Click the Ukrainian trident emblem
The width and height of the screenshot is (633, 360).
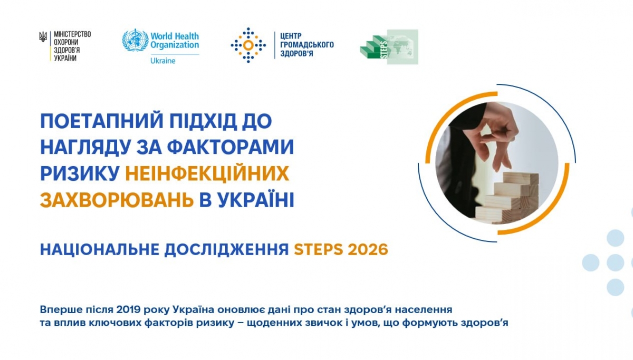43,37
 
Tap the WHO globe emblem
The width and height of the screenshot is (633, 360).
135,40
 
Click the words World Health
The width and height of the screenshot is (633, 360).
175,36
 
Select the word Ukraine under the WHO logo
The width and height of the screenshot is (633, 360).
163,61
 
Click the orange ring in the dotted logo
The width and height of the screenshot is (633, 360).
248,45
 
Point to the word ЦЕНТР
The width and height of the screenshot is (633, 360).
291,36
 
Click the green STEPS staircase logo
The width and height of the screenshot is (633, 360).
389,47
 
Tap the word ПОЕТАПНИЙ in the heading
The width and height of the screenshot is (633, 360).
102,121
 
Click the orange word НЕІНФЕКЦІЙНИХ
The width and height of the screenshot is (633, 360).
207,173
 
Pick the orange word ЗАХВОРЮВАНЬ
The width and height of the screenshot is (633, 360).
117,200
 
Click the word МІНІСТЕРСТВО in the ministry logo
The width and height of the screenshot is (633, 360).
72,34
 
